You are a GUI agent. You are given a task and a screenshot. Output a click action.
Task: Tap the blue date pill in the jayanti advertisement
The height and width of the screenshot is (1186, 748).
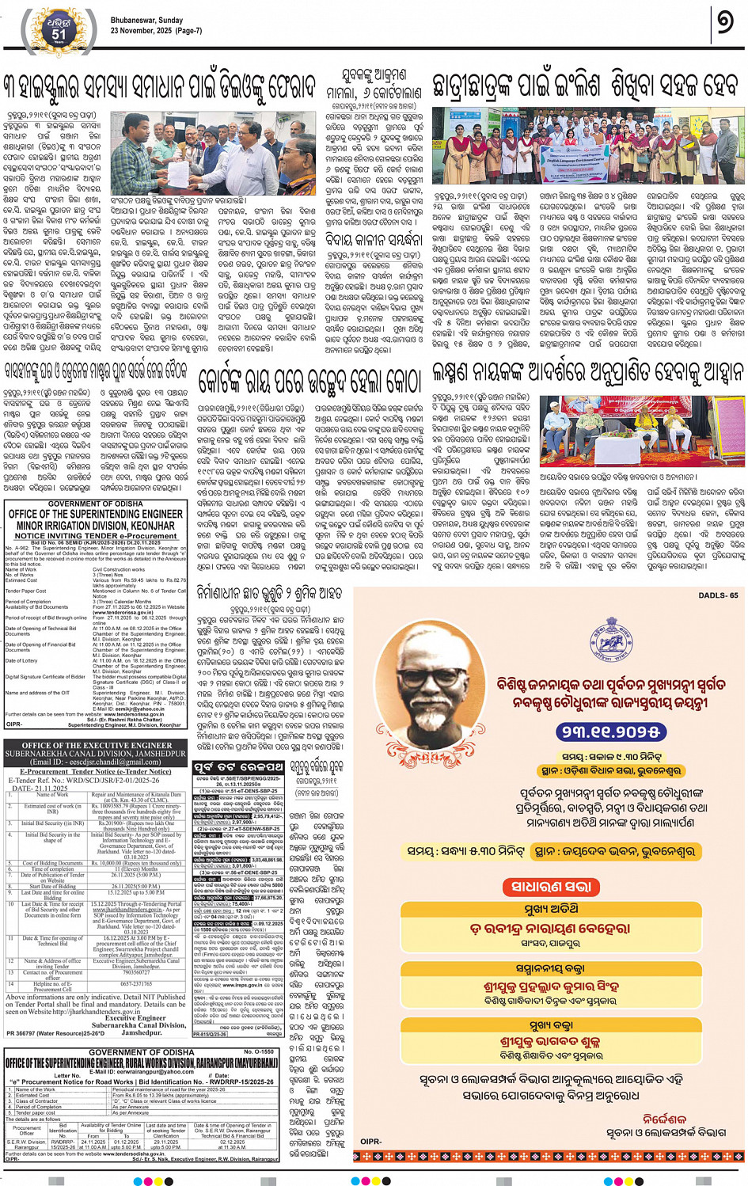pos(609,732)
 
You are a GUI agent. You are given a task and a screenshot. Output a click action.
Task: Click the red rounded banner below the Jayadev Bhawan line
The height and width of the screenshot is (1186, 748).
pos(548,887)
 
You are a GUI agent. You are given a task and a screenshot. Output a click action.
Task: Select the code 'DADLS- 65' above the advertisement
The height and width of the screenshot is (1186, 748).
pos(717,595)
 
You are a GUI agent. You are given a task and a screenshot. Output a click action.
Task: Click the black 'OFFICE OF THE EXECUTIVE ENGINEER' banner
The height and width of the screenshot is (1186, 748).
pos(96,745)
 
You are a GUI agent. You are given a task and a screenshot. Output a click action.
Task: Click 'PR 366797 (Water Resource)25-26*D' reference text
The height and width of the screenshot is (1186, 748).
pos(55,1033)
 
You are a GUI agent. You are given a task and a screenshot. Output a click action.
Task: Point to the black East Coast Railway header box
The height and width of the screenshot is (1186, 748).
pos(238,767)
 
